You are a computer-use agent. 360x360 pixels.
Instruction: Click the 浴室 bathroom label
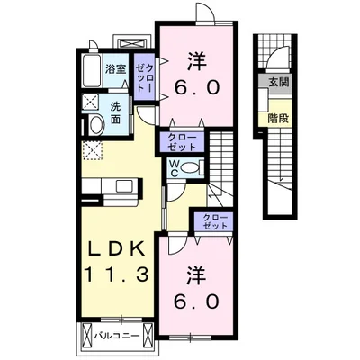click(114, 68)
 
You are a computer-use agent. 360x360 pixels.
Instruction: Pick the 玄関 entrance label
click(274, 83)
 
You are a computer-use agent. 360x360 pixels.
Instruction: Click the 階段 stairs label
click(274, 116)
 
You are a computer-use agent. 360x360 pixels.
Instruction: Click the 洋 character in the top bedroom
click(198, 60)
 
